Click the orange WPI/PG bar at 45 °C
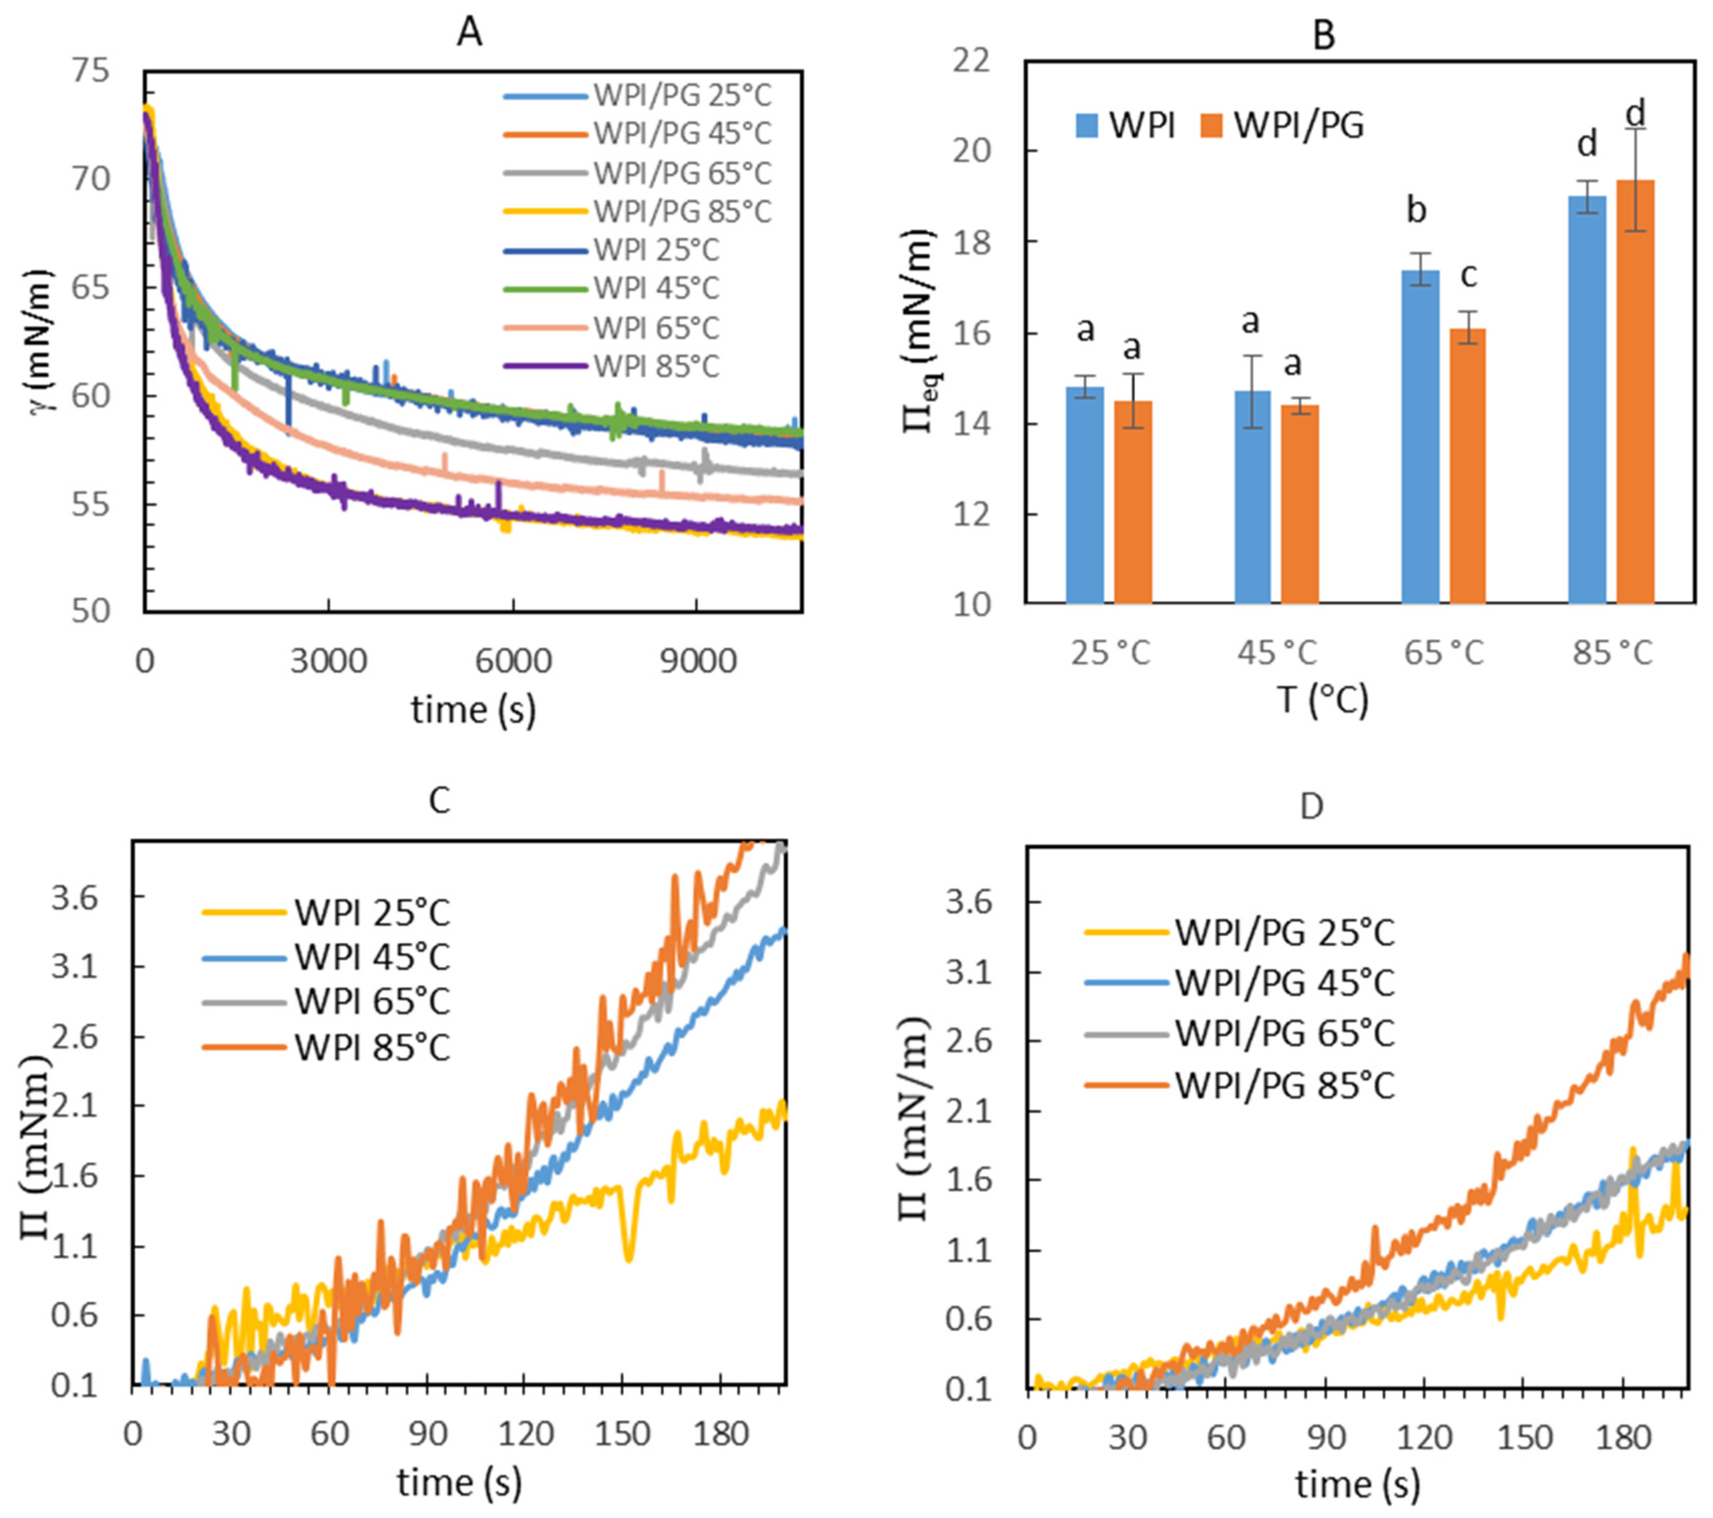[1300, 503]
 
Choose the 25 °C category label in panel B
[1110, 652]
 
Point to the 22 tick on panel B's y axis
[970, 61]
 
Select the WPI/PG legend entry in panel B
[1299, 126]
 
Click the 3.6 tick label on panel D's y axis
[970, 903]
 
